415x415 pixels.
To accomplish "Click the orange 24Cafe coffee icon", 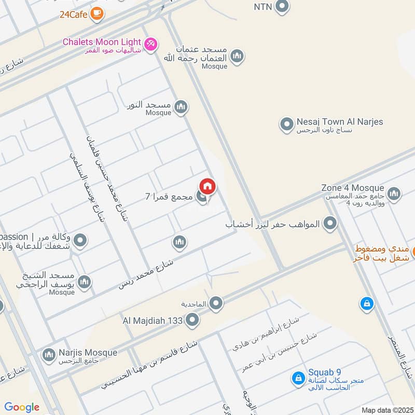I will click(96, 15).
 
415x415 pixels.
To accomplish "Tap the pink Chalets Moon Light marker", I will click(150, 45).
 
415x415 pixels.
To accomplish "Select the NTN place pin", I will click(282, 7).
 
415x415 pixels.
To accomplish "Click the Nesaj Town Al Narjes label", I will click(340, 122).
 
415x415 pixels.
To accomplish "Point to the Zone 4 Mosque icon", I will click(394, 194).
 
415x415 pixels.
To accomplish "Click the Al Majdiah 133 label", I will click(153, 321).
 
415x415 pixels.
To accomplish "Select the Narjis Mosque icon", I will click(49, 355).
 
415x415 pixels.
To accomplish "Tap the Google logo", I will click(22, 407).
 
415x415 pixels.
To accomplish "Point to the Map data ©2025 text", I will click(386, 410).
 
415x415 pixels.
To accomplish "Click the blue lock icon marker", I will click(367, 304).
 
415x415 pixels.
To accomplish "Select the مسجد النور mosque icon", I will click(181, 107).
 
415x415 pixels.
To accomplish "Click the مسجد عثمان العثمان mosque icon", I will click(237, 56).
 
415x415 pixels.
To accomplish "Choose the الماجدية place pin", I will click(216, 303).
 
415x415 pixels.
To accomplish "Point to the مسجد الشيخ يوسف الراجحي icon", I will click(84, 282).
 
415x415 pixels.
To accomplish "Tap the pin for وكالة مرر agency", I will click(80, 241).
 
